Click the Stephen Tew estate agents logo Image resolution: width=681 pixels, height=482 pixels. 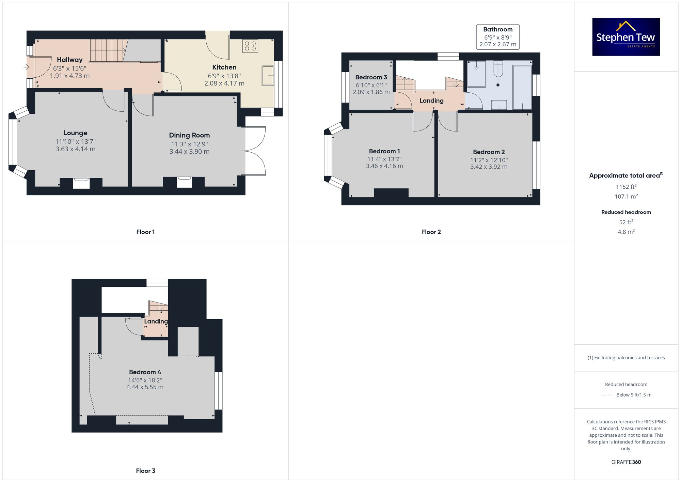(626, 37)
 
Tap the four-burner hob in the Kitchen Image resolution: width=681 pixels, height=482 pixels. (250, 46)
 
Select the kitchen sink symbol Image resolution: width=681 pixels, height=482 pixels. (268, 76)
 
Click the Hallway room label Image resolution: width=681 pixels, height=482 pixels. (69, 60)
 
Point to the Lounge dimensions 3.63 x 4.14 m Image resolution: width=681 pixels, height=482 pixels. (75, 149)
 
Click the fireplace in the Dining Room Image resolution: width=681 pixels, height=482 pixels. (184, 182)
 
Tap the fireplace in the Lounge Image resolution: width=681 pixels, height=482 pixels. (81, 183)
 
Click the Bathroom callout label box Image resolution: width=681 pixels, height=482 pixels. (497, 37)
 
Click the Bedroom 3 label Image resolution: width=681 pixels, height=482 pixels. (371, 77)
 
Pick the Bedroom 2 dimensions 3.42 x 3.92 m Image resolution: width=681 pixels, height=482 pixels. (489, 167)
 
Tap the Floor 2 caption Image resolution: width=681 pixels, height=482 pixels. (431, 232)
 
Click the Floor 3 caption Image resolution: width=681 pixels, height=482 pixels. (145, 471)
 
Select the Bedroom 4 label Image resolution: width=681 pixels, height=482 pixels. (145, 372)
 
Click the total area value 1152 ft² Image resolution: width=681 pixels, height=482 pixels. (626, 187)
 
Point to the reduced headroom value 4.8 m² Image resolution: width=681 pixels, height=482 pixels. (626, 232)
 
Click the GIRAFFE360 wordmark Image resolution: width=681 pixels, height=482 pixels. (626, 462)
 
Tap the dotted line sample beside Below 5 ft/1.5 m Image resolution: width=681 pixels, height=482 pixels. (607, 395)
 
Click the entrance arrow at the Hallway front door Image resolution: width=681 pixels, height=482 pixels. (27, 67)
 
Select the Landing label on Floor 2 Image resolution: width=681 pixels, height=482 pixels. (431, 100)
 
